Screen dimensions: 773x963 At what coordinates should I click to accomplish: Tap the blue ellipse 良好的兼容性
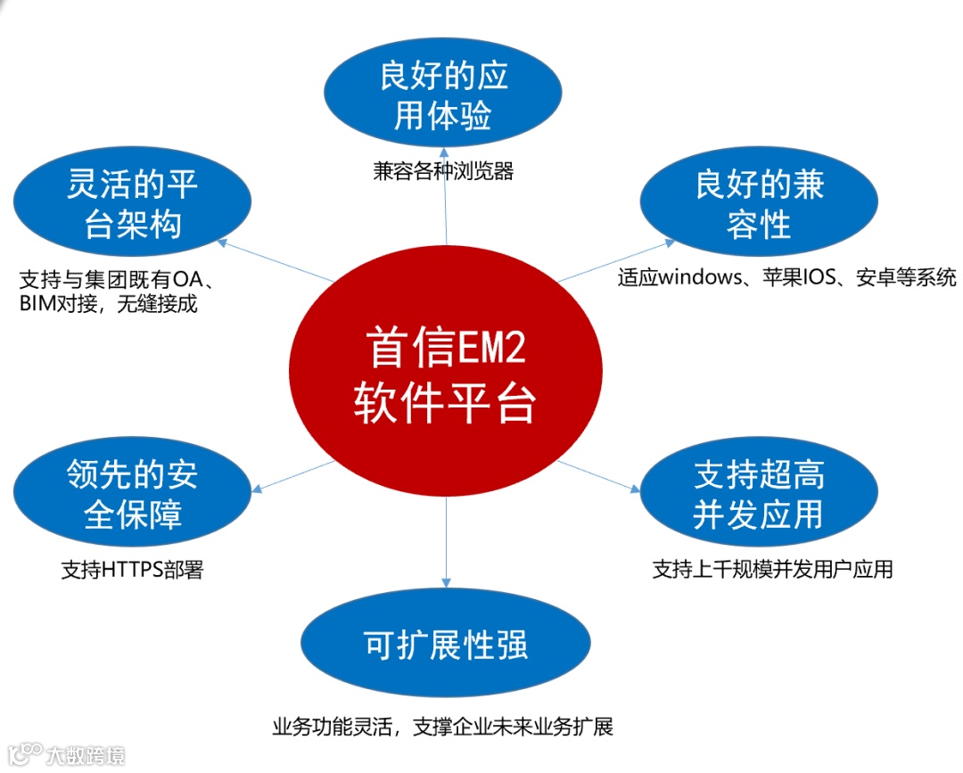tap(759, 204)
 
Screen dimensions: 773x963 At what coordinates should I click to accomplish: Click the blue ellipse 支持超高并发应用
tap(759, 496)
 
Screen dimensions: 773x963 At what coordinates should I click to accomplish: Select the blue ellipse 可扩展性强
tap(445, 645)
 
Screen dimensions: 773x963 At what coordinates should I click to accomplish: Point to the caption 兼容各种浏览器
tap(443, 171)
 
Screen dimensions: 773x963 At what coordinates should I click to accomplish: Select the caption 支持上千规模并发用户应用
tap(772, 569)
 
